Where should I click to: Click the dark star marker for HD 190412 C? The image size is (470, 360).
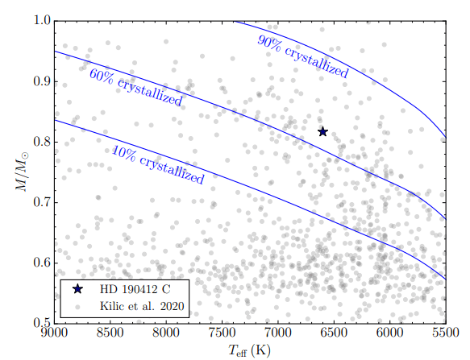point(323,131)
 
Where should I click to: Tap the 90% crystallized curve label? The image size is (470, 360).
point(302,57)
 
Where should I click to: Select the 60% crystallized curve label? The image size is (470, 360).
point(135,88)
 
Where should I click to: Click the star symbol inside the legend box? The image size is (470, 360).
point(77,288)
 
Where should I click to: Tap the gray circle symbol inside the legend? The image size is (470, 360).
point(77,306)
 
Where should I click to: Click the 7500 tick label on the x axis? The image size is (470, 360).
point(222,332)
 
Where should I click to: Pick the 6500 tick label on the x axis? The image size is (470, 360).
point(334,332)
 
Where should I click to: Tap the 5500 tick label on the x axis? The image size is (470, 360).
point(445,332)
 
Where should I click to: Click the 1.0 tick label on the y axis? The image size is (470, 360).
point(41,21)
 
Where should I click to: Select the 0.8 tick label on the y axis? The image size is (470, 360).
point(41,142)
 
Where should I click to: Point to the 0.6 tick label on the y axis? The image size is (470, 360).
point(41,263)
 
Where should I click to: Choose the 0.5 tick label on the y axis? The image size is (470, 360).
point(41,322)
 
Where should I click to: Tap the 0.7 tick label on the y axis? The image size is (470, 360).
point(41,202)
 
